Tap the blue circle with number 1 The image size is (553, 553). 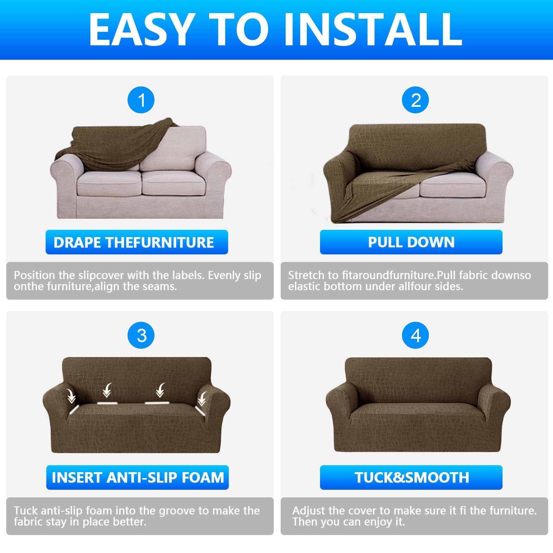tap(141, 100)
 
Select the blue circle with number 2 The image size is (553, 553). tap(415, 100)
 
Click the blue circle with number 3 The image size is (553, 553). tap(141, 336)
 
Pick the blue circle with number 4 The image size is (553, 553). tap(415, 336)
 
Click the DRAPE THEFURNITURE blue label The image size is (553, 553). tap(137, 242)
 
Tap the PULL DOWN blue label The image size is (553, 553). tap(411, 242)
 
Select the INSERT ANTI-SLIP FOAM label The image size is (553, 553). tap(137, 477)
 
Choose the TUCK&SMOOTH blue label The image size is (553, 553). tap(411, 477)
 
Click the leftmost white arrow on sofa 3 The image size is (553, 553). tap(71, 396)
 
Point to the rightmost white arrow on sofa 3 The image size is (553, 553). tap(202, 399)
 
